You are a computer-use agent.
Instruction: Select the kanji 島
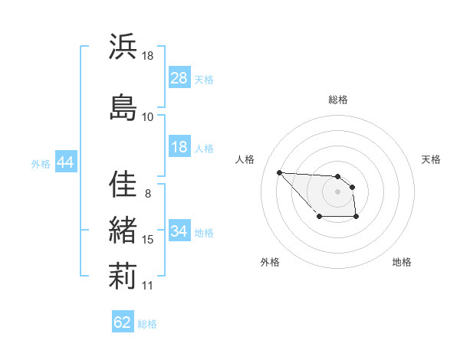123,107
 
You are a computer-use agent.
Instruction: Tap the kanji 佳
123,184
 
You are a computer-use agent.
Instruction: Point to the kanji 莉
123,276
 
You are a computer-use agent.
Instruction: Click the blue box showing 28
179,79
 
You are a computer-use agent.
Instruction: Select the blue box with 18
179,147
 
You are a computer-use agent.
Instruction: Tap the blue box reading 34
179,231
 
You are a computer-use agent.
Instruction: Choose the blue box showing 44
65,162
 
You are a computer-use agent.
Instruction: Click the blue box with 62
123,322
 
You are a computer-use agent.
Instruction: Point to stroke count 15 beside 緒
148,240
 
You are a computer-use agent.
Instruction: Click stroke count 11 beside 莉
148,286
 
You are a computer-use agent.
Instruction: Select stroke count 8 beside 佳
147,193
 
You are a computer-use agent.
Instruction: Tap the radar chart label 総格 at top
338,100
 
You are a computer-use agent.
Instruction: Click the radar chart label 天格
432,159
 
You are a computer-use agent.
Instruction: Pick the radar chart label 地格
402,263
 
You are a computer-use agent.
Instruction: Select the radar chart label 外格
270,263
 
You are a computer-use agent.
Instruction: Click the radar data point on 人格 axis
279,172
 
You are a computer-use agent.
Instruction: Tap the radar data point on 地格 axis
356,218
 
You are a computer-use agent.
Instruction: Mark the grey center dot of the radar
338,191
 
